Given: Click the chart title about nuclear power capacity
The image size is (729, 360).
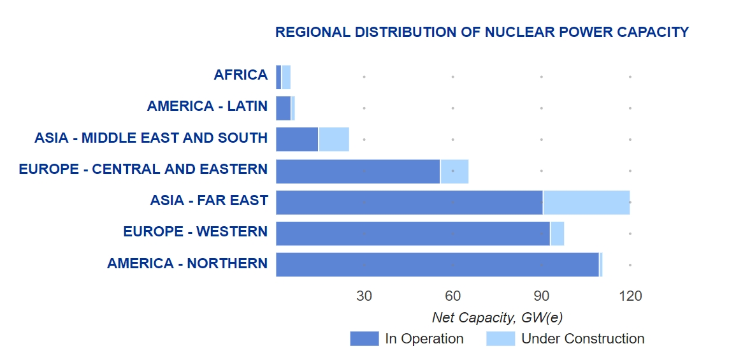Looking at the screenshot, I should (x=482, y=32).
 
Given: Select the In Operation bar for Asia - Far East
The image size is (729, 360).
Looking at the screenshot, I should (x=409, y=203).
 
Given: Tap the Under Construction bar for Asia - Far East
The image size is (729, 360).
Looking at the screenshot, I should (x=586, y=203).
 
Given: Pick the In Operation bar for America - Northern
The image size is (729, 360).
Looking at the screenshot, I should (x=437, y=265).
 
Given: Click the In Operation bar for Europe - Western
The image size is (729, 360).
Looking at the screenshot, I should (x=412, y=234).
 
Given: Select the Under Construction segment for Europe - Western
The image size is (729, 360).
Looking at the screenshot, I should (x=557, y=234).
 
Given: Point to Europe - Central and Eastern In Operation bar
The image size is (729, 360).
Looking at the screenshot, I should (x=357, y=171).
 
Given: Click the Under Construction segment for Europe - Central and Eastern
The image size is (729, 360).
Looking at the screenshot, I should (x=454, y=171).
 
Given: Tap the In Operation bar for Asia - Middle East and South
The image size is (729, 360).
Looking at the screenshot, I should (x=297, y=140).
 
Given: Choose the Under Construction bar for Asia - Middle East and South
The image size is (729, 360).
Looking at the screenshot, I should (x=334, y=140).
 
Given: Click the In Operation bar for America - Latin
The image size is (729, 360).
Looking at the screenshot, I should (x=283, y=108).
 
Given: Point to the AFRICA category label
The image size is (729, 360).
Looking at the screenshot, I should (x=240, y=75).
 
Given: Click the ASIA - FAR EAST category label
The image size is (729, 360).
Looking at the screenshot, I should (x=208, y=201).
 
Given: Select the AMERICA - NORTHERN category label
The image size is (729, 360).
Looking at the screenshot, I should (x=187, y=263).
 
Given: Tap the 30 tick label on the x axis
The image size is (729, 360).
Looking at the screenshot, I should (x=364, y=296).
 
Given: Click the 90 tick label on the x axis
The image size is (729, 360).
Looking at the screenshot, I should (x=541, y=296).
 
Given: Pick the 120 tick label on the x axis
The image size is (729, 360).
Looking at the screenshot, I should (x=630, y=296).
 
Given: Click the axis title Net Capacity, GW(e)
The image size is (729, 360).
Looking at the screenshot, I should (x=497, y=317).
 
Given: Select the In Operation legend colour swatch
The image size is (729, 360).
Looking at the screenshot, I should (x=364, y=339).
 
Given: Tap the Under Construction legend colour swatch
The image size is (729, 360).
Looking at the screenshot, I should (x=500, y=339).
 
